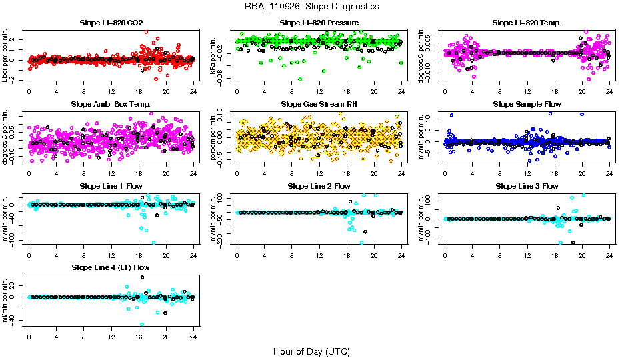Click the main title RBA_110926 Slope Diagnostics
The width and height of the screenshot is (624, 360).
click(311, 6)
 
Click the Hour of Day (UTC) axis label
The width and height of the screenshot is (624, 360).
click(311, 351)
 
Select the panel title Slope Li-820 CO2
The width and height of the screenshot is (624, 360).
click(111, 23)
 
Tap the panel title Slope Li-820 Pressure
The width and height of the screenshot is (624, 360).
click(319, 23)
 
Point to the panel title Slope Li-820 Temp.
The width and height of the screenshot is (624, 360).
click(527, 23)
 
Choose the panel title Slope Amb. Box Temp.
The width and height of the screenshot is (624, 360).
click(111, 105)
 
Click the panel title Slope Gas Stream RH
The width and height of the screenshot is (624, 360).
click(319, 105)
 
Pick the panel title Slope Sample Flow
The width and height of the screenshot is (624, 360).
click(527, 105)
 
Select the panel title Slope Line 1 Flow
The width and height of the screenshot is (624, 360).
click(111, 186)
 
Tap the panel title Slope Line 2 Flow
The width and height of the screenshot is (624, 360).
click(319, 186)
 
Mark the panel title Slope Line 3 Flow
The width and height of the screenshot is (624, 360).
click(527, 186)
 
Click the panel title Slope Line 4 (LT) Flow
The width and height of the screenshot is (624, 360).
click(111, 267)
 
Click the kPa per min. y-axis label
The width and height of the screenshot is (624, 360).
click(214, 56)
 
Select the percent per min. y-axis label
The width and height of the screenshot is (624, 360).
click(214, 137)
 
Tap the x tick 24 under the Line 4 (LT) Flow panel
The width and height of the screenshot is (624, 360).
click(194, 337)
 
